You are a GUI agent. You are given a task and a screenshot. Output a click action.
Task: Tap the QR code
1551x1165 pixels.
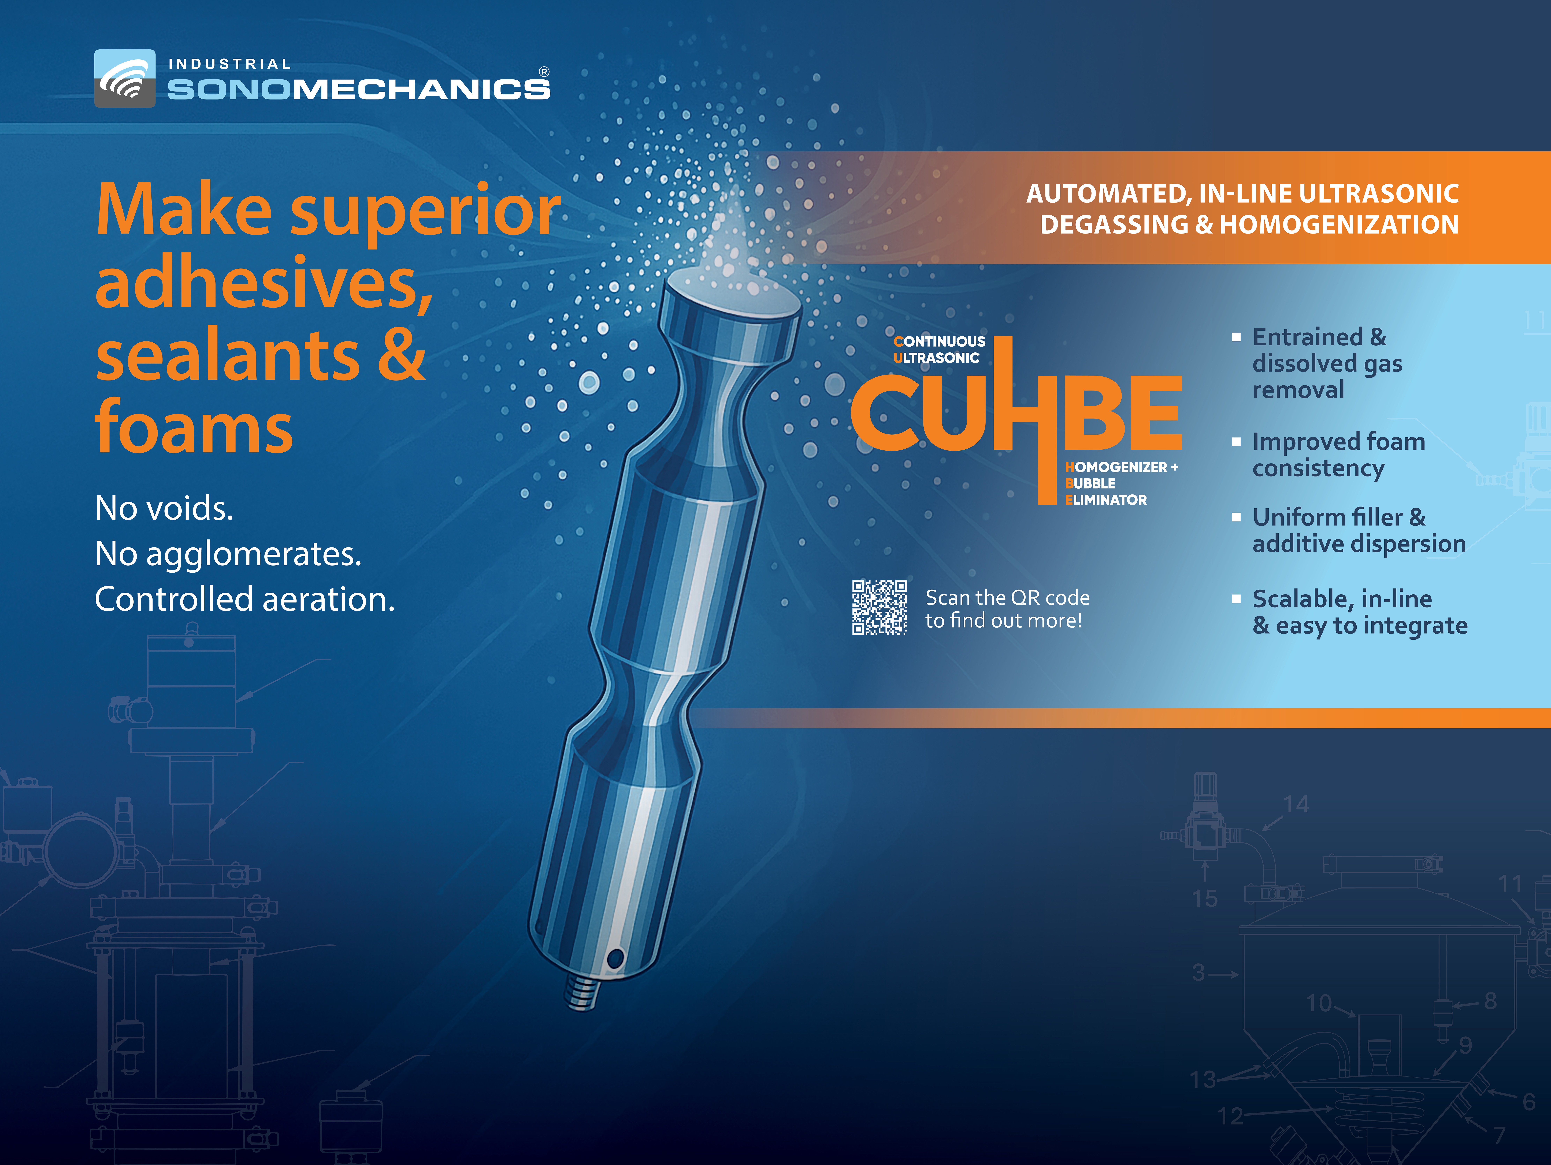[879, 607]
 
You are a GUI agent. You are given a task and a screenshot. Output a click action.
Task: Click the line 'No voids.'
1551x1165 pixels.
[164, 508]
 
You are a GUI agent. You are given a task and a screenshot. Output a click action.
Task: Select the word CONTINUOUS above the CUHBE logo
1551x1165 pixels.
[940, 342]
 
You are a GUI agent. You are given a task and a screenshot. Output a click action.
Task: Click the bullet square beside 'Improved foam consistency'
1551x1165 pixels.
[1236, 442]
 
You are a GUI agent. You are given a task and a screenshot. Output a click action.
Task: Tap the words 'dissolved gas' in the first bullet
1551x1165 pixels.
[1327, 363]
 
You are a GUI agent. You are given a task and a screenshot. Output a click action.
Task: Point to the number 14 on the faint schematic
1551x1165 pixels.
[1296, 804]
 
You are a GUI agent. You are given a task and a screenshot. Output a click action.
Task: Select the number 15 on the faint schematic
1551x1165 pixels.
[1205, 898]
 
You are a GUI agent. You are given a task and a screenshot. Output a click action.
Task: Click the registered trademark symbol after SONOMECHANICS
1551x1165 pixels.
[544, 72]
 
